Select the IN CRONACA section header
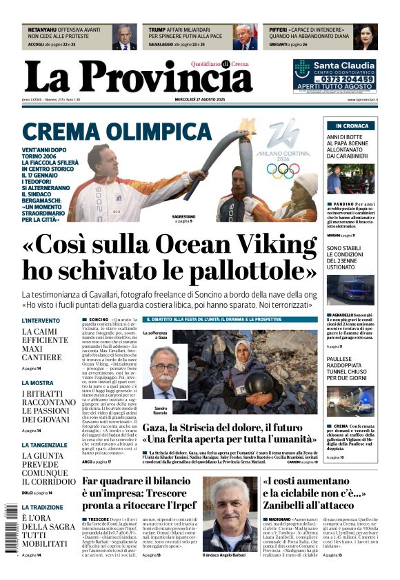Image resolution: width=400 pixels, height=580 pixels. pyautogui.click(x=352, y=126)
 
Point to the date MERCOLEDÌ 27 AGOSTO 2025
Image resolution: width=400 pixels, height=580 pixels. pyautogui.click(x=200, y=100)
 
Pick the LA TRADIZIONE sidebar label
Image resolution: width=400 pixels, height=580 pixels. pyautogui.click(x=43, y=507)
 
